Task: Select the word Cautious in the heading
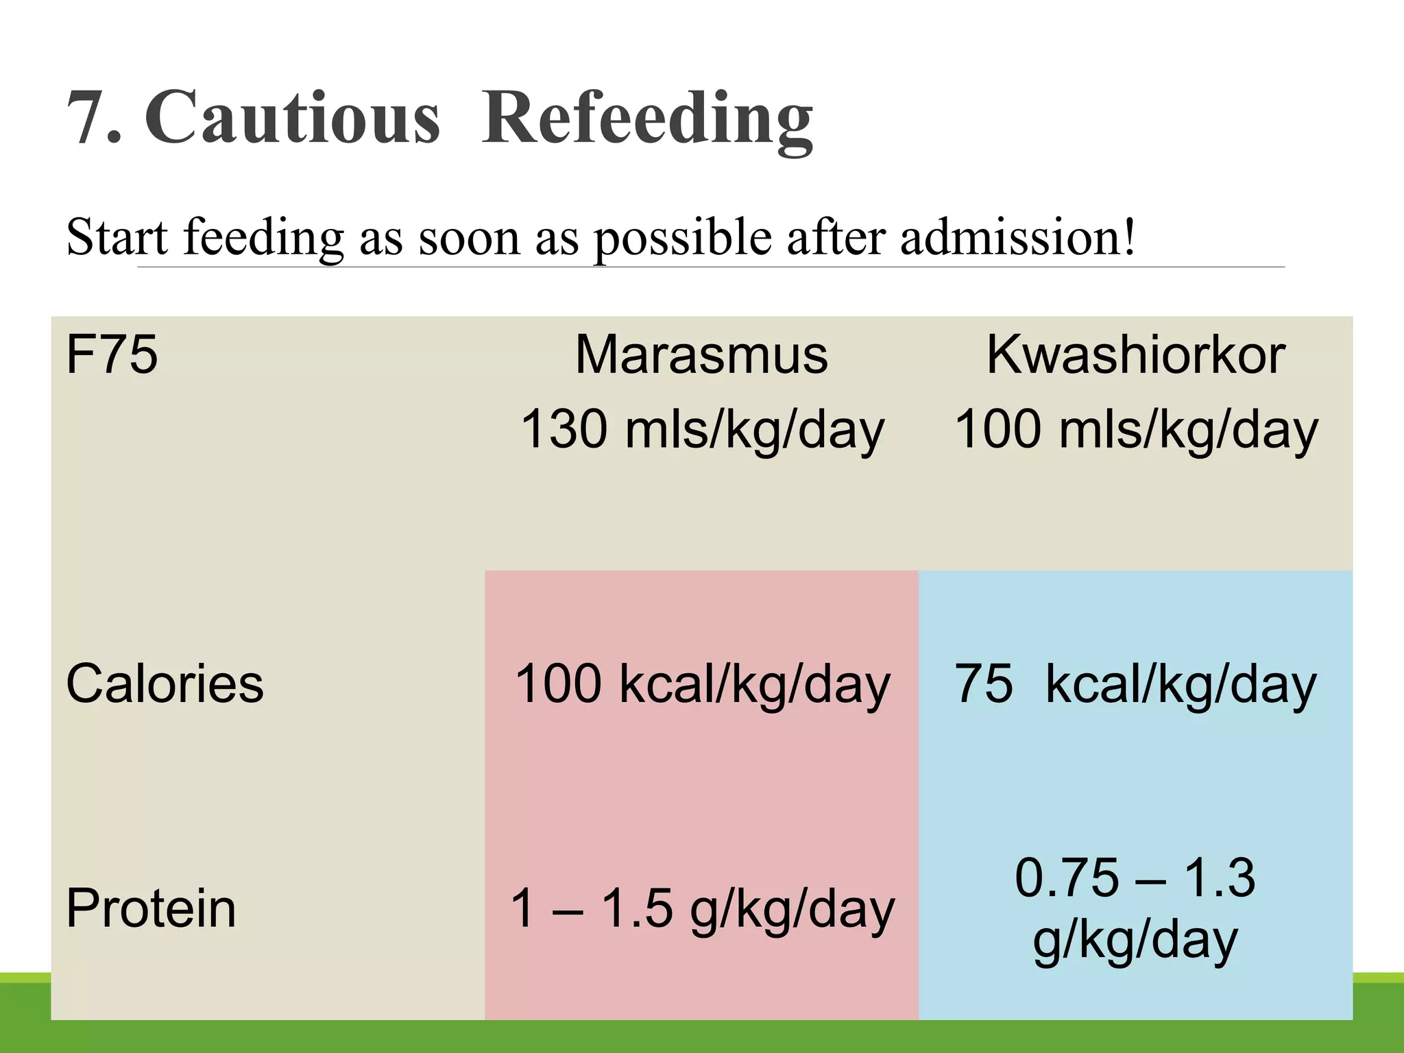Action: pyautogui.click(x=292, y=118)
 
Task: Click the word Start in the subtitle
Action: pyautogui.click(x=117, y=237)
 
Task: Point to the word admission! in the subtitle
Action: pyautogui.click(x=1017, y=237)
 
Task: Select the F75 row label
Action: pyautogui.click(x=112, y=354)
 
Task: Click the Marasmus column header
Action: pyautogui.click(x=701, y=354)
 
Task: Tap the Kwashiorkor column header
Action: pyautogui.click(x=1135, y=354)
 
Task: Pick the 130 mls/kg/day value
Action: pyautogui.click(x=702, y=430)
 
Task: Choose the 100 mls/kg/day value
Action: pyautogui.click(x=1136, y=430)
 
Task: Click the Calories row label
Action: pyautogui.click(x=165, y=683)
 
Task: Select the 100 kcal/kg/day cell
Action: pyautogui.click(x=702, y=684)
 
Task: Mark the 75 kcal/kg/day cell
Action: pyautogui.click(x=1135, y=684)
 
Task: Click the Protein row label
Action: pyautogui.click(x=151, y=908)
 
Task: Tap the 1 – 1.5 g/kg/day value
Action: pyautogui.click(x=702, y=909)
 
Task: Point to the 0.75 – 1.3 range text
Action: pyautogui.click(x=1135, y=877)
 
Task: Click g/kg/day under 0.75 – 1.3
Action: pyautogui.click(x=1135, y=941)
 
